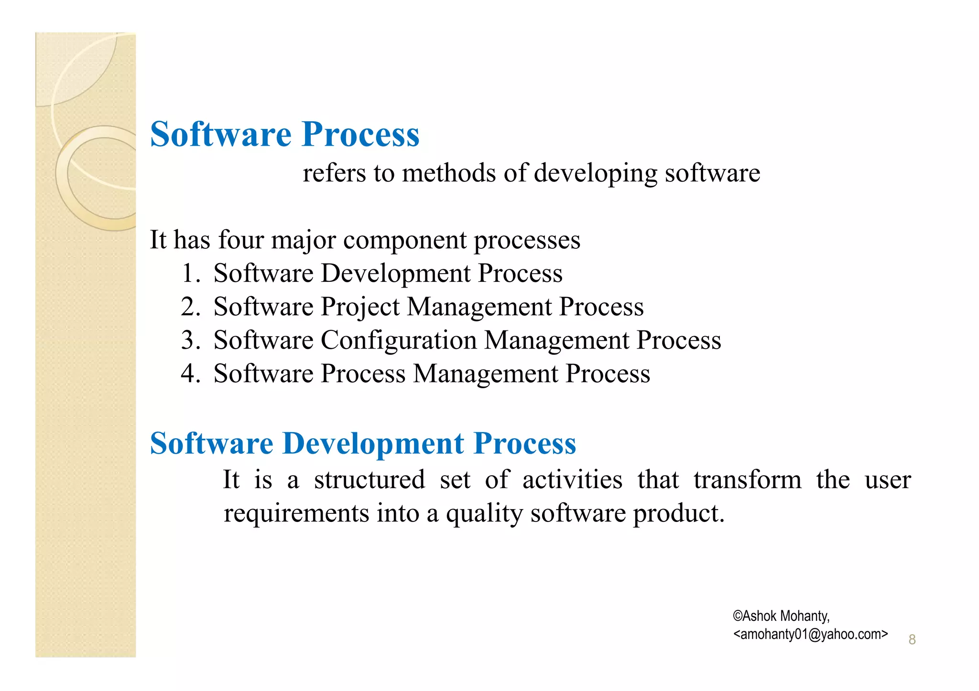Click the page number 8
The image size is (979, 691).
click(x=912, y=639)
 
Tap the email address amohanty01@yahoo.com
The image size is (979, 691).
click(x=810, y=634)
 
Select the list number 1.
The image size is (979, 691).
click(x=191, y=274)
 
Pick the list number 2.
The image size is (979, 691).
click(x=191, y=307)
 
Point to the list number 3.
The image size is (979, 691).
click(x=191, y=340)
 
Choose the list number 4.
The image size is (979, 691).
click(x=191, y=374)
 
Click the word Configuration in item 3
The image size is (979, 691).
click(x=398, y=341)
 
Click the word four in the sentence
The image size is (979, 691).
click(x=240, y=240)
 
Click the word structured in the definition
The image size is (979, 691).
click(x=369, y=480)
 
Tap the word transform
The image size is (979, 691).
click(x=747, y=480)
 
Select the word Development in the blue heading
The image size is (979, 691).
click(x=373, y=444)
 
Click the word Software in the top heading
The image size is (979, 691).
click(x=220, y=134)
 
